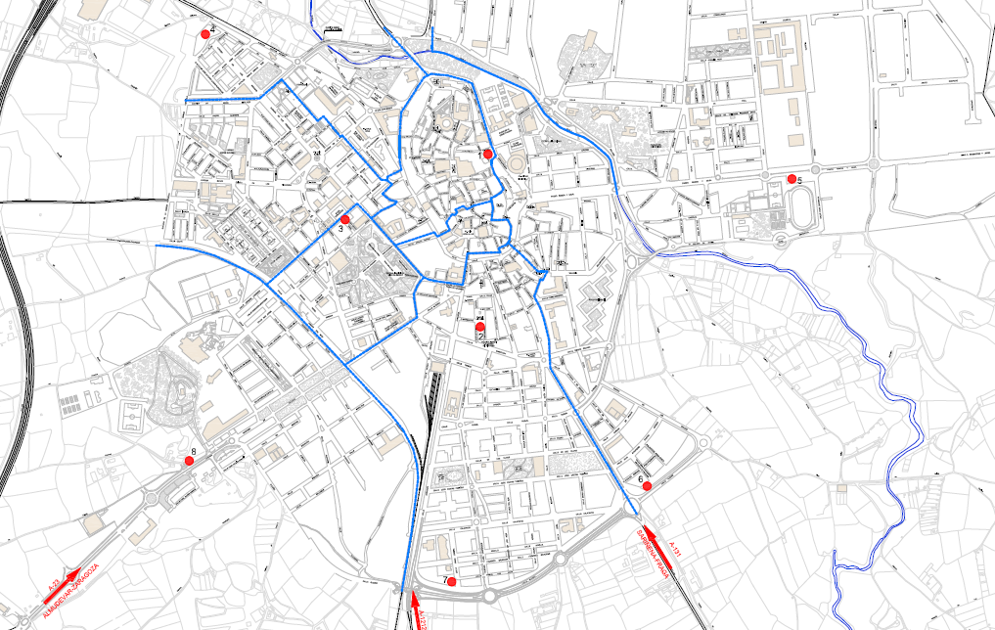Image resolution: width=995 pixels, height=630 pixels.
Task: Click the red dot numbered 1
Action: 487,154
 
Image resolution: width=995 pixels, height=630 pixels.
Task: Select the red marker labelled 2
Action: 480,331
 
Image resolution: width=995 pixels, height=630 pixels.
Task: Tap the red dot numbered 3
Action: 344,219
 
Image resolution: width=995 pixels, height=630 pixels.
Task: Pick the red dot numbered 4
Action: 204,33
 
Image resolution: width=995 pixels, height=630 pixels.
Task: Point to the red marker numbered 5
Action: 791,178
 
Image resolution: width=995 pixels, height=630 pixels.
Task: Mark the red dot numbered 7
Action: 451,582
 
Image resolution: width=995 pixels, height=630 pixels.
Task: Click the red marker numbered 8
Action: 188,460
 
